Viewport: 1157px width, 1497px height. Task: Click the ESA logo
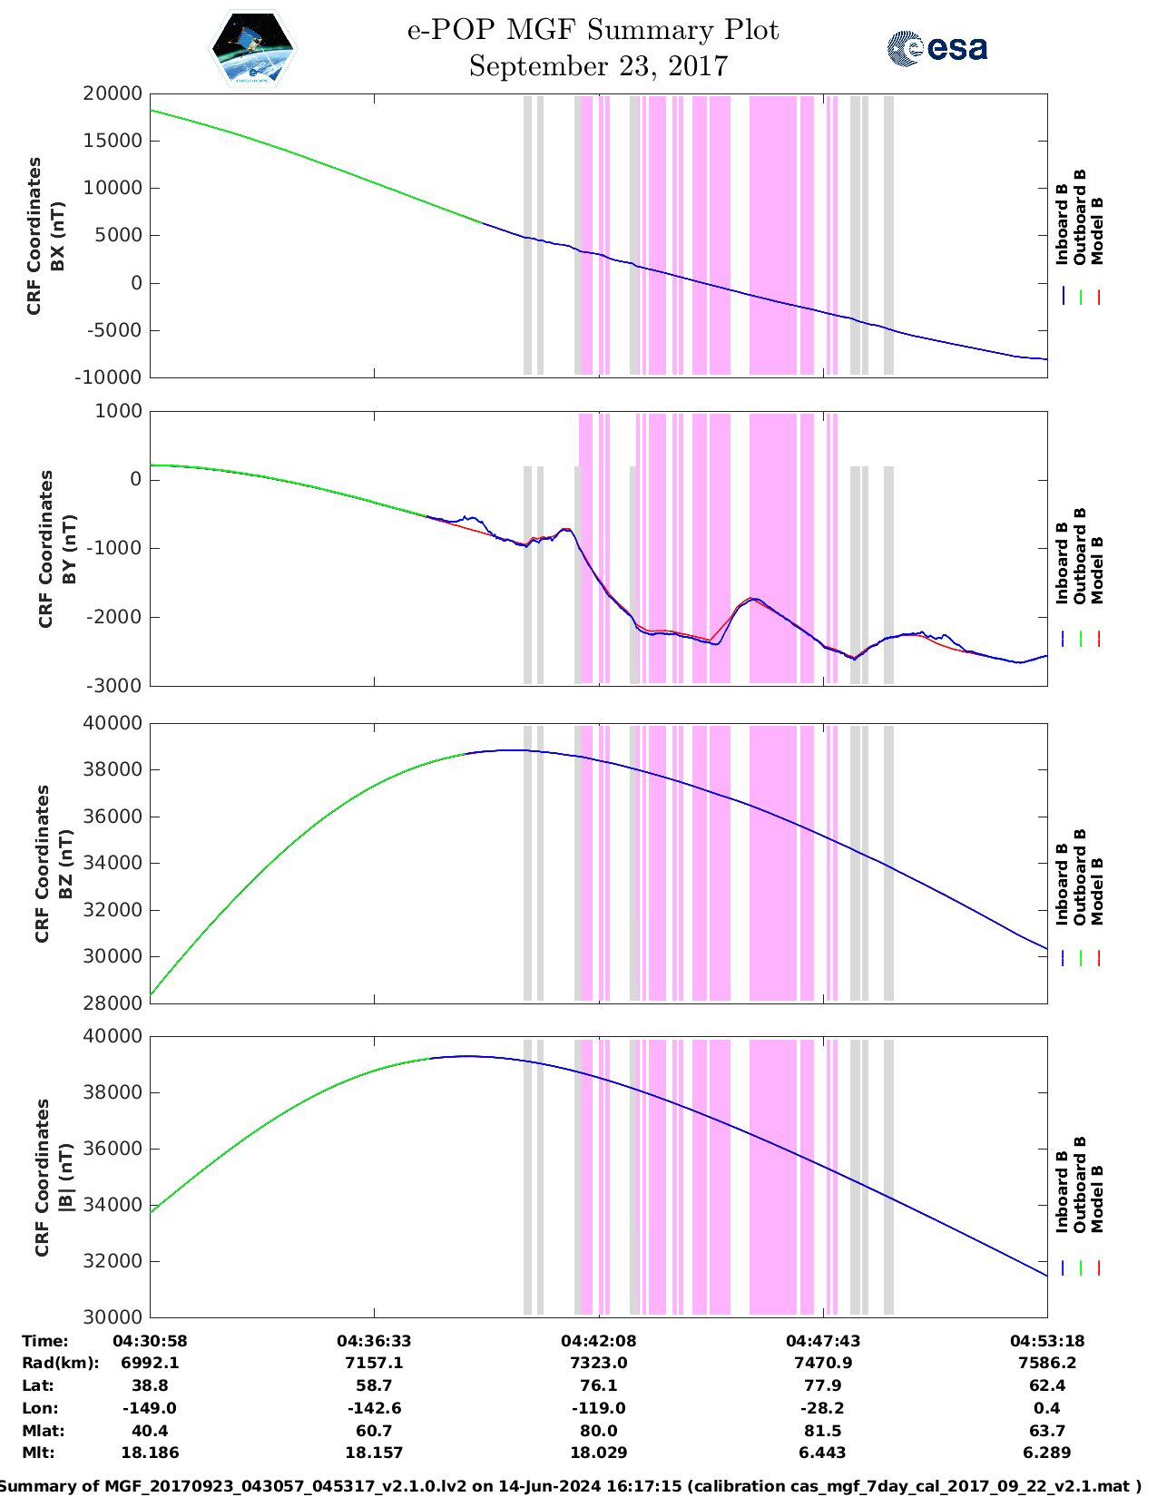[937, 49]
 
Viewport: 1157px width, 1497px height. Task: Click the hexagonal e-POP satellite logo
[253, 48]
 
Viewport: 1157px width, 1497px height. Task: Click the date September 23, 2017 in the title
[598, 66]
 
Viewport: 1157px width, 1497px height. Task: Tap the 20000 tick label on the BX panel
[113, 93]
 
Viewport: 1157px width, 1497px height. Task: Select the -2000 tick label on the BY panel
[114, 617]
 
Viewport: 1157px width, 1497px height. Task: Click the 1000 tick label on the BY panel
[119, 411]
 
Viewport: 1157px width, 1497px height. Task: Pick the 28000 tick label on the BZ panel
[113, 1003]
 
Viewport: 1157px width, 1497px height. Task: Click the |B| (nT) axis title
[65, 1178]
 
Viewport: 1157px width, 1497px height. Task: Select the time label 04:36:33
[374, 1341]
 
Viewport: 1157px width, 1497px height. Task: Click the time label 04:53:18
[1046, 1341]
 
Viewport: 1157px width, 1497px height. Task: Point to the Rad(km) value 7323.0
[598, 1364]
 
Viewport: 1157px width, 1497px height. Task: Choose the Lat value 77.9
[823, 1386]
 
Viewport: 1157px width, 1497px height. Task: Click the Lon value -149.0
[150, 1409]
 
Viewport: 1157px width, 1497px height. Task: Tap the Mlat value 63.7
[1046, 1432]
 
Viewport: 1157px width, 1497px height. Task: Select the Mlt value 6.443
[823, 1453]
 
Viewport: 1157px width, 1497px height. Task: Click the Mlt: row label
[38, 1453]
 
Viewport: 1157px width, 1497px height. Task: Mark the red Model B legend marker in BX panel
[1098, 297]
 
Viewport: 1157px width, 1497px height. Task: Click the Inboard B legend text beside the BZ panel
[1062, 885]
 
